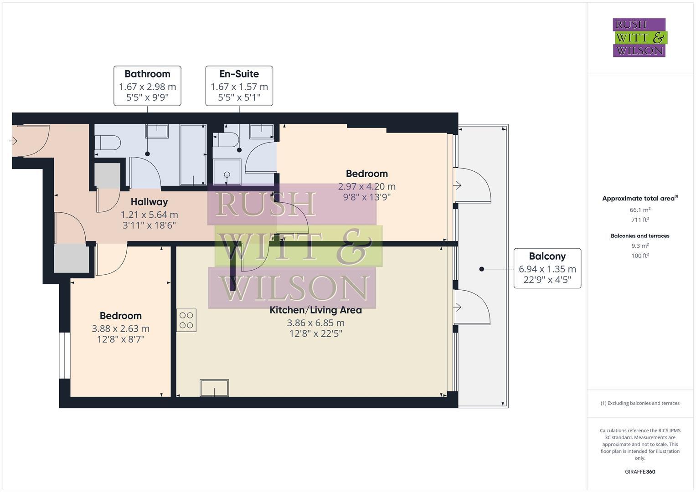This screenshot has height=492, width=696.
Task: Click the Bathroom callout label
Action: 147,74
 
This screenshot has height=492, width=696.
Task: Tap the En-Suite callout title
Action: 239,74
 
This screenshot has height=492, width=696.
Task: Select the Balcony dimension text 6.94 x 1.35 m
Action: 547,269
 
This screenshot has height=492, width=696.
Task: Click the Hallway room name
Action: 149,202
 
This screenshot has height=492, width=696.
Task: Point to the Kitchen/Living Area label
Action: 315,310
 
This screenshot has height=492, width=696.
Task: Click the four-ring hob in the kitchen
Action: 186,320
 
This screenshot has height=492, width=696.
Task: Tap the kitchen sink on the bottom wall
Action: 214,388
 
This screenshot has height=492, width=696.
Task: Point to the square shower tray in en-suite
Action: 227,172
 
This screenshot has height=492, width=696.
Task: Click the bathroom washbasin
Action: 157,131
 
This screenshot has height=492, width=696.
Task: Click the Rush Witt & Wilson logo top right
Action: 639,37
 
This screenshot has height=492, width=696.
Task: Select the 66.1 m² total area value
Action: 639,210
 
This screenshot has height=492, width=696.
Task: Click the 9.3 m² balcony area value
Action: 639,246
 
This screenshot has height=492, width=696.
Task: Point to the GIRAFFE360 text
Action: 639,471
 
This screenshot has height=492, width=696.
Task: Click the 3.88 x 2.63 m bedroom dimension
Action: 120,328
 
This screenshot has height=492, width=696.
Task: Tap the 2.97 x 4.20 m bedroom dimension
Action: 366,186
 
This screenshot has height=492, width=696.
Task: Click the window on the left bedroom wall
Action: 65,355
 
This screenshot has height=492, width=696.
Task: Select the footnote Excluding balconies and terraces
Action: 639,403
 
